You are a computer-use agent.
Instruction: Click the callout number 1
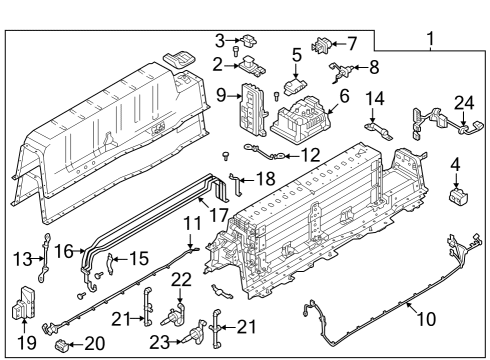430,41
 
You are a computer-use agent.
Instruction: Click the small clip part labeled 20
63,347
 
